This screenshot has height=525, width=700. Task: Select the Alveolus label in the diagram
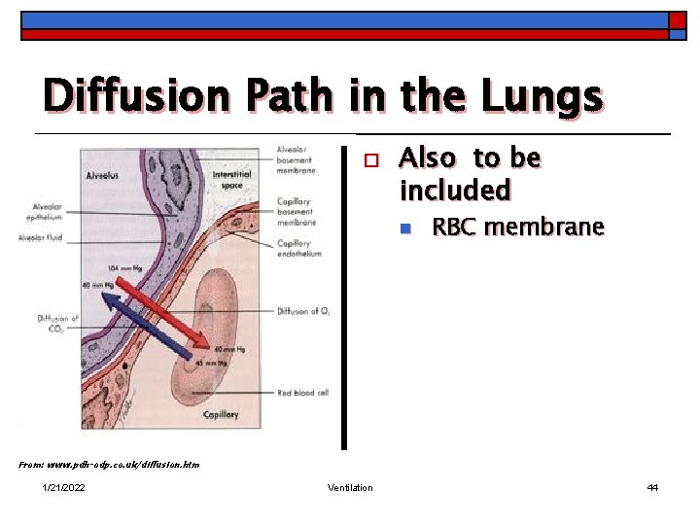[x=101, y=177]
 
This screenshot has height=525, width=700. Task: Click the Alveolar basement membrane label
[x=296, y=159]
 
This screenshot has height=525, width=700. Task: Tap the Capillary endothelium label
[x=299, y=248]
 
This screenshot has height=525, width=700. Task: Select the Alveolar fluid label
[x=41, y=237]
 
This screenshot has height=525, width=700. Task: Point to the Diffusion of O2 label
[x=303, y=311]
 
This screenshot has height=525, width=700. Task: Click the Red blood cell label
[x=302, y=392]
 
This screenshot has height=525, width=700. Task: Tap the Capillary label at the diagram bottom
[x=220, y=414]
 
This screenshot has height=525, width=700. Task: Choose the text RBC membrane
[x=517, y=227]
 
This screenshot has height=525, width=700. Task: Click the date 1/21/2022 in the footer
[x=63, y=487]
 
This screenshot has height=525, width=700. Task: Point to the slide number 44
[x=652, y=487]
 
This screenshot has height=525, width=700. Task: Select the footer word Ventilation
[x=349, y=487]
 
